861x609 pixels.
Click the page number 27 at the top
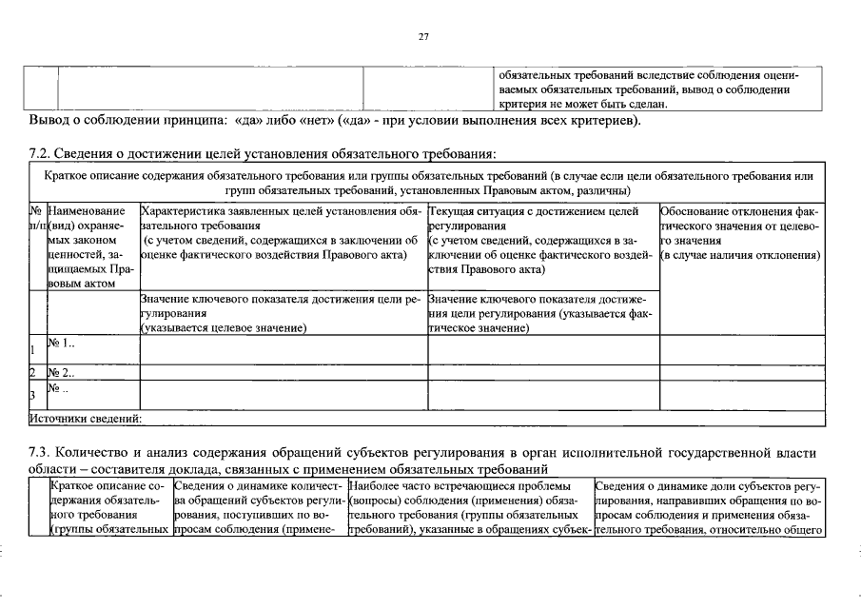pyautogui.click(x=424, y=36)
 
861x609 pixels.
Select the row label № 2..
pyautogui.click(x=61, y=372)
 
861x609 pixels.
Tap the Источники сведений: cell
pyautogui.click(x=86, y=417)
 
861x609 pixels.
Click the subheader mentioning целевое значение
pyautogui.click(x=282, y=313)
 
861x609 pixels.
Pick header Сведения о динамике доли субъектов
pyautogui.click(x=709, y=508)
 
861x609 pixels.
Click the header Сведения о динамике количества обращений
pyautogui.click(x=259, y=508)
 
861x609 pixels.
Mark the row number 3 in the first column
pyautogui.click(x=32, y=394)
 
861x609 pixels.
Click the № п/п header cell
pyautogui.click(x=36, y=216)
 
